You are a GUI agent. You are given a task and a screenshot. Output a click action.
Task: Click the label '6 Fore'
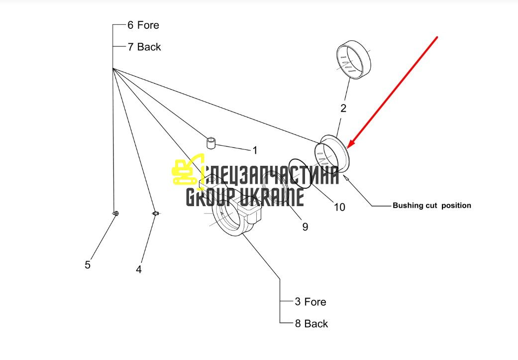click(143, 25)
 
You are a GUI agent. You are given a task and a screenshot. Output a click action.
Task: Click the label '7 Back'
click(144, 47)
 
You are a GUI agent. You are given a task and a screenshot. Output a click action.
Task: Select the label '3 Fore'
click(311, 302)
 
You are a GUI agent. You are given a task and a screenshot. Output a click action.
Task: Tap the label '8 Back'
click(311, 324)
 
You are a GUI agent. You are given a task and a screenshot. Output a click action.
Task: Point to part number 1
click(255, 150)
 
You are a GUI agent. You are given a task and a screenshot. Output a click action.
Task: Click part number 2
click(343, 108)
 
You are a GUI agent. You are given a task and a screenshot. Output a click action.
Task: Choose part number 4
click(139, 269)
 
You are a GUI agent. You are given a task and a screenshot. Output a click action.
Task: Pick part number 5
click(88, 265)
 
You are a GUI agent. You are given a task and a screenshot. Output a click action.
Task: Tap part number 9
click(305, 227)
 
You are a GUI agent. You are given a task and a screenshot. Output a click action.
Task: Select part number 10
click(339, 207)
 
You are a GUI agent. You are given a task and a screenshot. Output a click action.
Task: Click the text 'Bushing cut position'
click(432, 205)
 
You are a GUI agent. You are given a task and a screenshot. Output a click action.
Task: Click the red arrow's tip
click(347, 148)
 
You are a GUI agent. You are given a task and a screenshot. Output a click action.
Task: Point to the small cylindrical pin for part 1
click(211, 143)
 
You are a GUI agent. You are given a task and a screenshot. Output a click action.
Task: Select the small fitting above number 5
click(115, 214)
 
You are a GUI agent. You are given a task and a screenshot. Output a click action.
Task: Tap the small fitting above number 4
click(156, 214)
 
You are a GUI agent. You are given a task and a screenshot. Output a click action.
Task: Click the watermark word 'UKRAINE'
click(271, 197)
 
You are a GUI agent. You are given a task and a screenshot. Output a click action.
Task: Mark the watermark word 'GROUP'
click(210, 197)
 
